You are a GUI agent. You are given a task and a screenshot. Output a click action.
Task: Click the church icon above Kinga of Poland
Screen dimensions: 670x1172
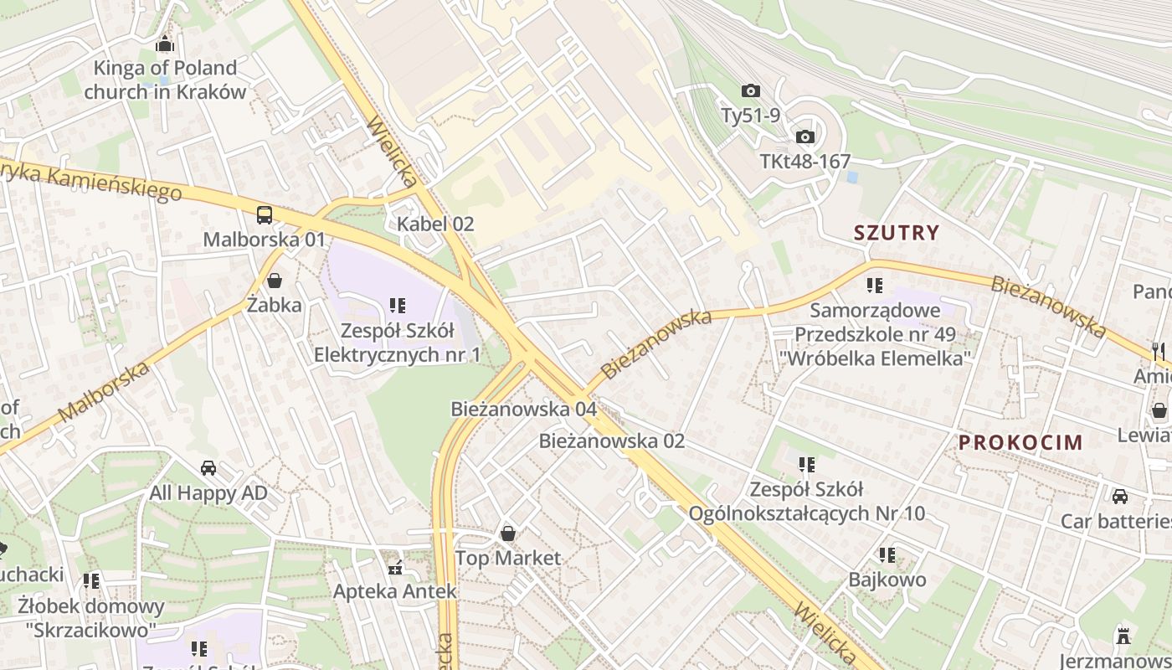pyautogui.click(x=165, y=44)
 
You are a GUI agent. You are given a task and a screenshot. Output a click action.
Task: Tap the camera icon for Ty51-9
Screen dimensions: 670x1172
pyautogui.click(x=750, y=90)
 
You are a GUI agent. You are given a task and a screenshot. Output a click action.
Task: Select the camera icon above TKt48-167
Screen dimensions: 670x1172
pyautogui.click(x=804, y=137)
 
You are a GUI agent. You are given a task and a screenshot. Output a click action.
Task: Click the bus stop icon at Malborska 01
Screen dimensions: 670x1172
pyautogui.click(x=265, y=214)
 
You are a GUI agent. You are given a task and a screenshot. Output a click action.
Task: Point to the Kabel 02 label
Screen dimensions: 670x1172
pyautogui.click(x=435, y=224)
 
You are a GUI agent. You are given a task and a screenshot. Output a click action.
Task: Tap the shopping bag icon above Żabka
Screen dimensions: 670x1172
pyautogui.click(x=275, y=280)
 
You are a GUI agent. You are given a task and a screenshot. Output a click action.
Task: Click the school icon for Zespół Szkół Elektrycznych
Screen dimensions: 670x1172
pyautogui.click(x=397, y=306)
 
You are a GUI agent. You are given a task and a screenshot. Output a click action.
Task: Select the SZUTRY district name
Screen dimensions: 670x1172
pyautogui.click(x=897, y=233)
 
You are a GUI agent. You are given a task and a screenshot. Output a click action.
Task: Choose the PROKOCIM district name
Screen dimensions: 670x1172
pyautogui.click(x=1020, y=442)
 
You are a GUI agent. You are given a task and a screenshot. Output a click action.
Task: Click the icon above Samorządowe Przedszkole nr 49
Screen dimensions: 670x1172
pyautogui.click(x=875, y=286)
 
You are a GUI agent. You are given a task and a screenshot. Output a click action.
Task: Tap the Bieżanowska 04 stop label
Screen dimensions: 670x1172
pyautogui.click(x=523, y=409)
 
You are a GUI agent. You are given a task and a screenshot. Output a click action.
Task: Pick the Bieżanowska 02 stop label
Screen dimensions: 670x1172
pyautogui.click(x=611, y=441)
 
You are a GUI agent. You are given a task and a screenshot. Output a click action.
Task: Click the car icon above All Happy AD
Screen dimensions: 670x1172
pyautogui.click(x=208, y=468)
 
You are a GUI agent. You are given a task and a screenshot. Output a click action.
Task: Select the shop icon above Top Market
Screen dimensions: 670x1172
pyautogui.click(x=507, y=533)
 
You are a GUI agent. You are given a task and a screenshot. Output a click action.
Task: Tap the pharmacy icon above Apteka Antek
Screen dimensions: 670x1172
pyautogui.click(x=395, y=567)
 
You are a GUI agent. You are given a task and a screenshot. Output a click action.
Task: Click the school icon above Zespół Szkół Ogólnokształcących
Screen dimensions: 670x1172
pyautogui.click(x=806, y=464)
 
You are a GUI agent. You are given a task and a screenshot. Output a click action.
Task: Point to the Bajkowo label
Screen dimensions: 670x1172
pyautogui.click(x=887, y=580)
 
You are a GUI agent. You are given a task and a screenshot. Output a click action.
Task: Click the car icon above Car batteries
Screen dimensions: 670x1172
pyautogui.click(x=1119, y=496)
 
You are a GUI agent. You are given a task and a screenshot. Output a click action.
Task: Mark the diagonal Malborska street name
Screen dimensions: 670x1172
pyautogui.click(x=105, y=391)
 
